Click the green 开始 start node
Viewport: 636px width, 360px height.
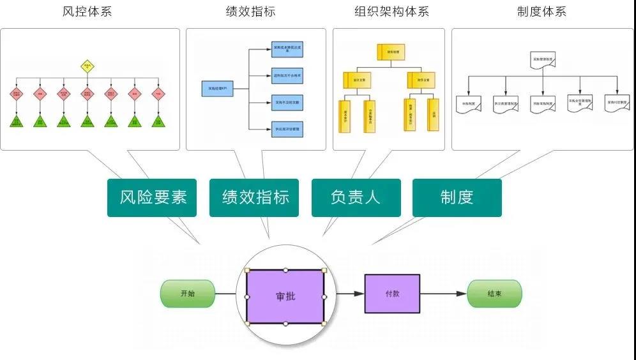click(188, 294)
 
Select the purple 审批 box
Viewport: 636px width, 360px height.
click(285, 297)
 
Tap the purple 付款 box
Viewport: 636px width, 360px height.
click(392, 294)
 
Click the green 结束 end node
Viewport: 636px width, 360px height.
click(494, 294)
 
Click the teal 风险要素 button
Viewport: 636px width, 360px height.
click(152, 197)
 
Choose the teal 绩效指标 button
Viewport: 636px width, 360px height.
click(255, 197)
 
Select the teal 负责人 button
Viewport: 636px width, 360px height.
click(356, 197)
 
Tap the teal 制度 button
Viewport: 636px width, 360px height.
click(457, 197)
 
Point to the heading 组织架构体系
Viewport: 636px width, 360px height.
click(392, 11)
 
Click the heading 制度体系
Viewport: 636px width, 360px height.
click(541, 11)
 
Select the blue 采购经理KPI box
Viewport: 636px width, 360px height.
click(217, 89)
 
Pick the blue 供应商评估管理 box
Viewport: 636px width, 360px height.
click(286, 129)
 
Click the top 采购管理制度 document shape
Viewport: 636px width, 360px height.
click(543, 60)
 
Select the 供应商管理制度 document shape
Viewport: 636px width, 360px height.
click(506, 103)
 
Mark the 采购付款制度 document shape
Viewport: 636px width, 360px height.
click(617, 103)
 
